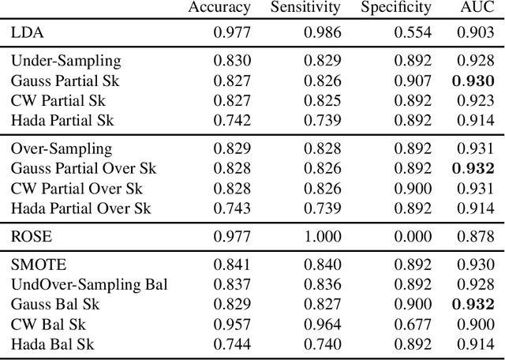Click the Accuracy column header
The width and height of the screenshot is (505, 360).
click(x=219, y=8)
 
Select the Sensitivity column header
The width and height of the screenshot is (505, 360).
click(x=305, y=8)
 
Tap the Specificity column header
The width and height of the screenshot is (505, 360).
click(x=396, y=8)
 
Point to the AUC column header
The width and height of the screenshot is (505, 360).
click(x=477, y=8)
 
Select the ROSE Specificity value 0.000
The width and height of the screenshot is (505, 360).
click(x=413, y=236)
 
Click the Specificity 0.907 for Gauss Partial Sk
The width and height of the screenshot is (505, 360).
click(x=413, y=81)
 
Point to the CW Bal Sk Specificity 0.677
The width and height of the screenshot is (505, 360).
click(x=413, y=324)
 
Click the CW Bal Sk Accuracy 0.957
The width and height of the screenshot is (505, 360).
click(x=232, y=324)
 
